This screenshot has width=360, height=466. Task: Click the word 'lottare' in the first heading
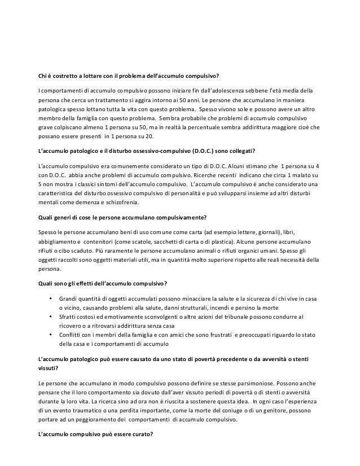93,77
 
